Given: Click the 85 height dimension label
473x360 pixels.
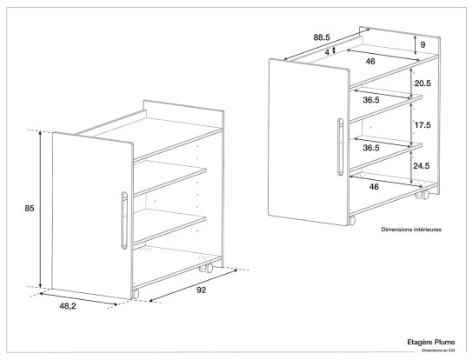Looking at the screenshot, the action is coord(30,208).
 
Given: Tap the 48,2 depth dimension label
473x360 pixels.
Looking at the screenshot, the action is coord(68,306).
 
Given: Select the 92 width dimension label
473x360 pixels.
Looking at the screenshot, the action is coord(201,290).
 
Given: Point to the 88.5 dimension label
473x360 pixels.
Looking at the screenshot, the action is coord(322,37).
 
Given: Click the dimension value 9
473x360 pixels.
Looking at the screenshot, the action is coord(423,44).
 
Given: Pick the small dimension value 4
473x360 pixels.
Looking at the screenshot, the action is coord(327,52).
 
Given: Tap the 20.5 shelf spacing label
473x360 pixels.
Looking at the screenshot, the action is coord(423,83).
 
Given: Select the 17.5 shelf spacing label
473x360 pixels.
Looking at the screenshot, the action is coord(423,125).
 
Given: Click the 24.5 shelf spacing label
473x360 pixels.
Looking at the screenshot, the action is coord(422,166).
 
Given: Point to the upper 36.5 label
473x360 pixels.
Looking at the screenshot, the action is coord(371,100).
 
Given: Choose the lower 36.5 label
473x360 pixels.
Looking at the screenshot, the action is coord(371,148).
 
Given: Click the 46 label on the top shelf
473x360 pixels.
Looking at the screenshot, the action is coord(370,61).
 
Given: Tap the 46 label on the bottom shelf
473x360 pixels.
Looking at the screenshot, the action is coord(374,187).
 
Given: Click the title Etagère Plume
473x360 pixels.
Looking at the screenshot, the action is coord(431,343).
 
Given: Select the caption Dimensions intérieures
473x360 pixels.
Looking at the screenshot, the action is coord(411,230).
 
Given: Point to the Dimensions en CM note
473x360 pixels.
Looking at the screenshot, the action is coord(438,350).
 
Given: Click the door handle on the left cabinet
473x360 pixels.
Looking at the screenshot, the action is coord(124,220).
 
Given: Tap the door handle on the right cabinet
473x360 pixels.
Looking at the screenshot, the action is coord(340,146).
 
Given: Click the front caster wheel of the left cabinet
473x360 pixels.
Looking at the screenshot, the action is coord(136,294).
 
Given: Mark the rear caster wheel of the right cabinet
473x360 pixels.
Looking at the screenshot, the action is coord(423,195).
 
